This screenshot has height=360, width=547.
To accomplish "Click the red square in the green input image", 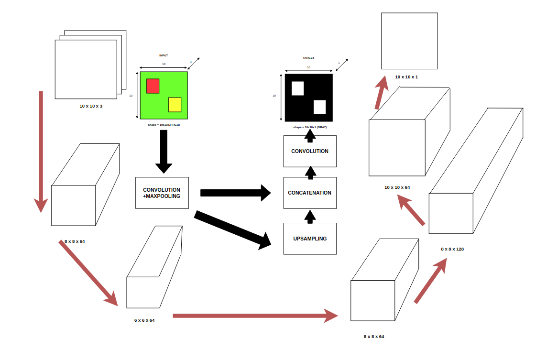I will coord(153,86).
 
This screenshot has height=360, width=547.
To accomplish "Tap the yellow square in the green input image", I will coord(175,104).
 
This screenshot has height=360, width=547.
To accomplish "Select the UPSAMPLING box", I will coord(310,239).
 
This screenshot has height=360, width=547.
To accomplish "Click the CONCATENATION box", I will coord(310,193).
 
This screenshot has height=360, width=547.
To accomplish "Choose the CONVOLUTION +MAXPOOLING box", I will coord(162,193).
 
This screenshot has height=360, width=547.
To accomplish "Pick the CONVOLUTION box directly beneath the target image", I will coord(310,151).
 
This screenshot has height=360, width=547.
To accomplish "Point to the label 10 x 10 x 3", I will coord(91,106).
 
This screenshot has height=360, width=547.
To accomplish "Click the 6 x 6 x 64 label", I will coord(144,320).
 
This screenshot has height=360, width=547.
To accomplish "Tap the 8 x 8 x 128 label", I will coord(452,249).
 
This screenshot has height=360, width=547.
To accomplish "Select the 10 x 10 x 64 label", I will coord(397,187).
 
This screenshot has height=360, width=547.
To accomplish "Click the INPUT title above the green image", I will coord(164,55).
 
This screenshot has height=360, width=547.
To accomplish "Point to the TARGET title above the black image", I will coord(308,58).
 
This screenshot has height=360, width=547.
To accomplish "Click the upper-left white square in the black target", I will coord(297,88).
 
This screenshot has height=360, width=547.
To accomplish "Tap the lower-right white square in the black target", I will coord(319,107).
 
